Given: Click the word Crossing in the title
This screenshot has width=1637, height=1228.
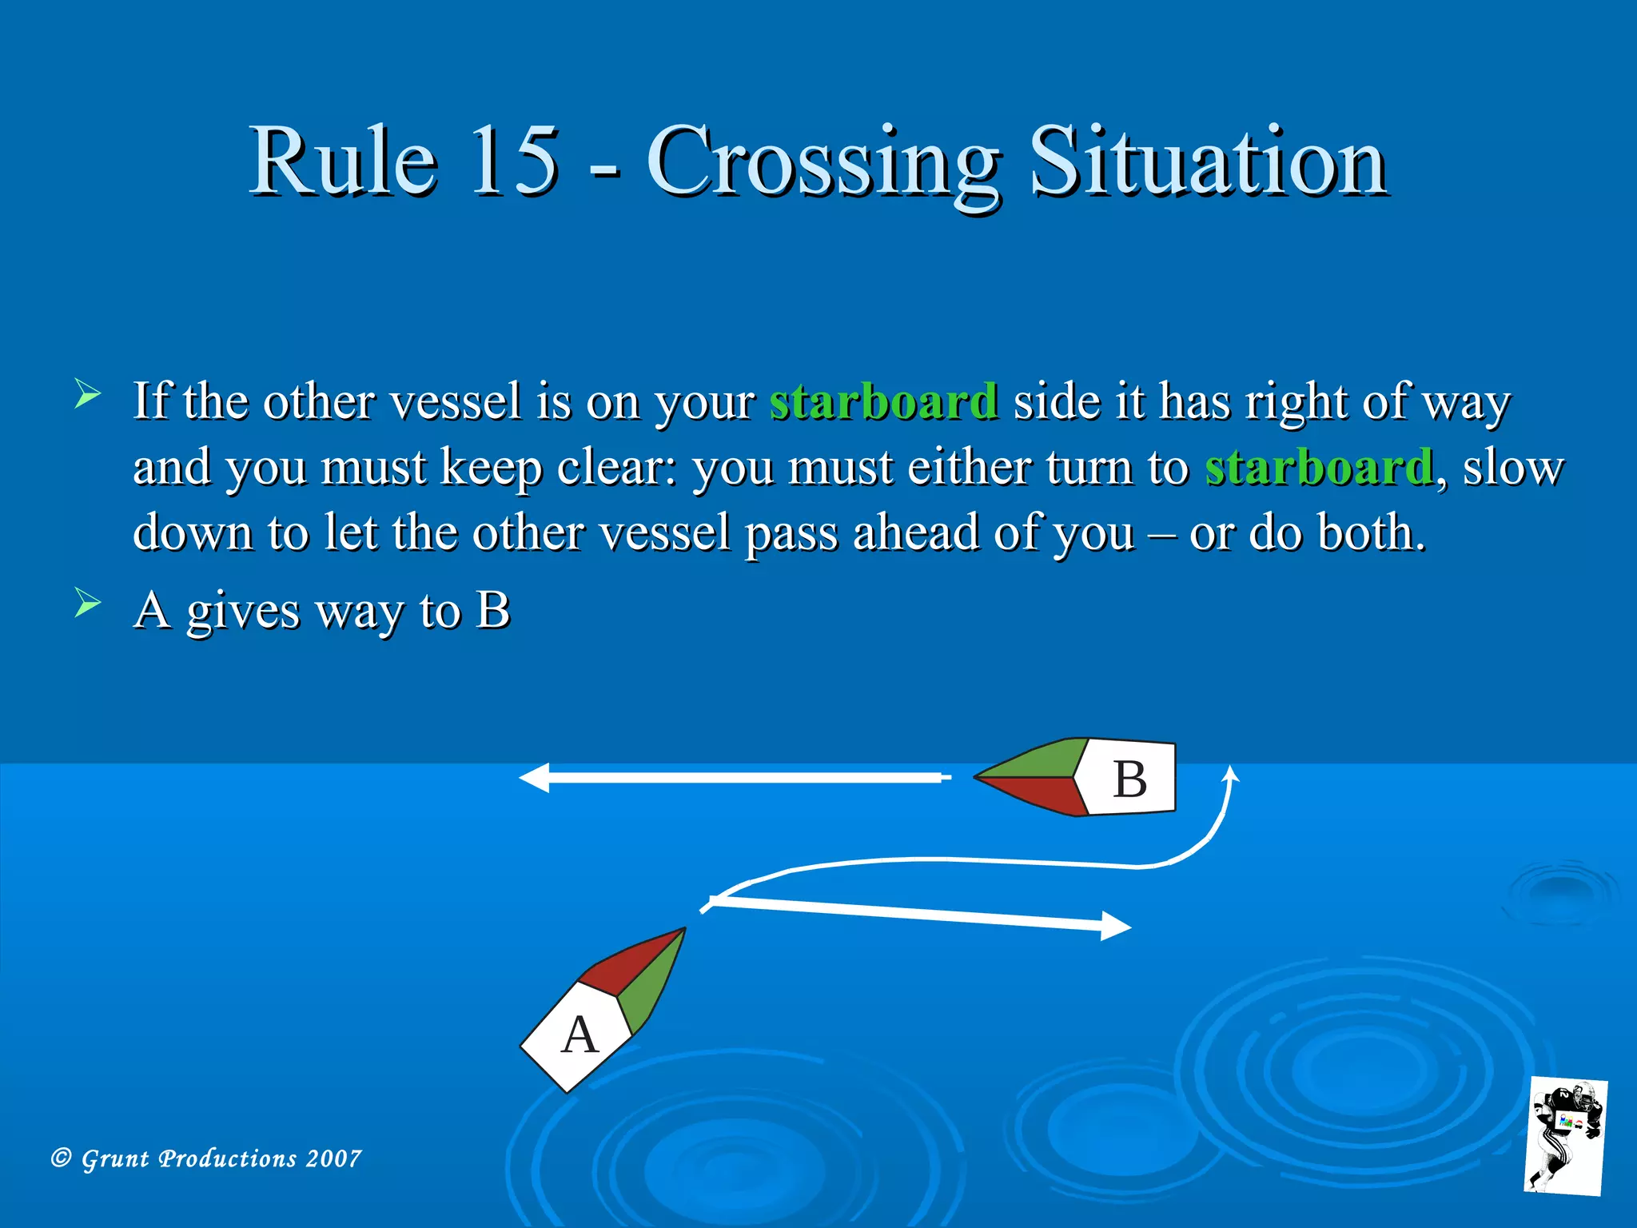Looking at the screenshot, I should point(822,164).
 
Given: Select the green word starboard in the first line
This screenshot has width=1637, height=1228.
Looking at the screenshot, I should point(883,401).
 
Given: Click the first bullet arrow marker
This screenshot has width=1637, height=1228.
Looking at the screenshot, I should point(87,394).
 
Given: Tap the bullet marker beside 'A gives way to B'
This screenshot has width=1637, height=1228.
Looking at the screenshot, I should point(87,603).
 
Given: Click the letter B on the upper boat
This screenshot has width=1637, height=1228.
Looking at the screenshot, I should point(1129,779).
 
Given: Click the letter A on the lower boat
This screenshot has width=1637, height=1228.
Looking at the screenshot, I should point(580,1035).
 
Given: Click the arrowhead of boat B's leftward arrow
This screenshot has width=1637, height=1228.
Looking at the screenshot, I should point(534,777).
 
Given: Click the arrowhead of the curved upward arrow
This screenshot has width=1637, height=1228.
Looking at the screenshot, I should point(1232,774).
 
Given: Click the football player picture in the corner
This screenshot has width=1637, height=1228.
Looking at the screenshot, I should point(1565,1134).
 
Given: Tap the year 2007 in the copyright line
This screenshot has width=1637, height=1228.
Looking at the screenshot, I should point(333,1158).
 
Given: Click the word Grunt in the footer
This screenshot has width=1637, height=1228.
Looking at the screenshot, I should point(115,1158).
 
